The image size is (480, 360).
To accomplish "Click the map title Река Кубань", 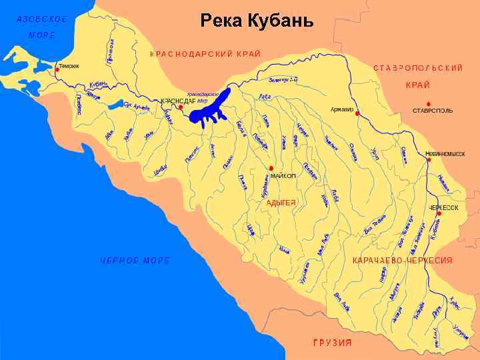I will click(x=257, y=20).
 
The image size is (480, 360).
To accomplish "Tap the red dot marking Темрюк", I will click(x=57, y=69).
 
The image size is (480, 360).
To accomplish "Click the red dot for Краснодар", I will click(x=181, y=105).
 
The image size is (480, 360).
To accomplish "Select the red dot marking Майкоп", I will click(x=271, y=168).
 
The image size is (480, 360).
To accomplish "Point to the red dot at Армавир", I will click(x=357, y=114).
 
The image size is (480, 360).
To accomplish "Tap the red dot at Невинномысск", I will click(x=429, y=159).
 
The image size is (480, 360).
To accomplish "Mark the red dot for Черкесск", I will click(x=439, y=213).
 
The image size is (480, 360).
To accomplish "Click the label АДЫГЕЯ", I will click(x=281, y=201).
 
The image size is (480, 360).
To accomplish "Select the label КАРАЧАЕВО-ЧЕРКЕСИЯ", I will click(x=403, y=260).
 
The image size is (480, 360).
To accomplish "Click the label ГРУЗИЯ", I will click(x=332, y=343).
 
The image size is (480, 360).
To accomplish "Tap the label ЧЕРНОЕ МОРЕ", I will click(x=135, y=260).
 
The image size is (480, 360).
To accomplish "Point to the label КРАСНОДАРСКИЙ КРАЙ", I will click(x=205, y=53).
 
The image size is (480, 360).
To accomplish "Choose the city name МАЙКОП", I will click(x=283, y=175).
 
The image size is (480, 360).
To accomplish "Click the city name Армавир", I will click(x=341, y=109).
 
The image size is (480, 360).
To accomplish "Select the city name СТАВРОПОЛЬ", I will click(x=433, y=110).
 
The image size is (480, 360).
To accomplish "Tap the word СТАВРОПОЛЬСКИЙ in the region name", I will click(x=418, y=68).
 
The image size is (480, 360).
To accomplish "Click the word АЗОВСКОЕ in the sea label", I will click(x=42, y=19).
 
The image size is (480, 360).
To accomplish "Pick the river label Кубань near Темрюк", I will click(x=98, y=85).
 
